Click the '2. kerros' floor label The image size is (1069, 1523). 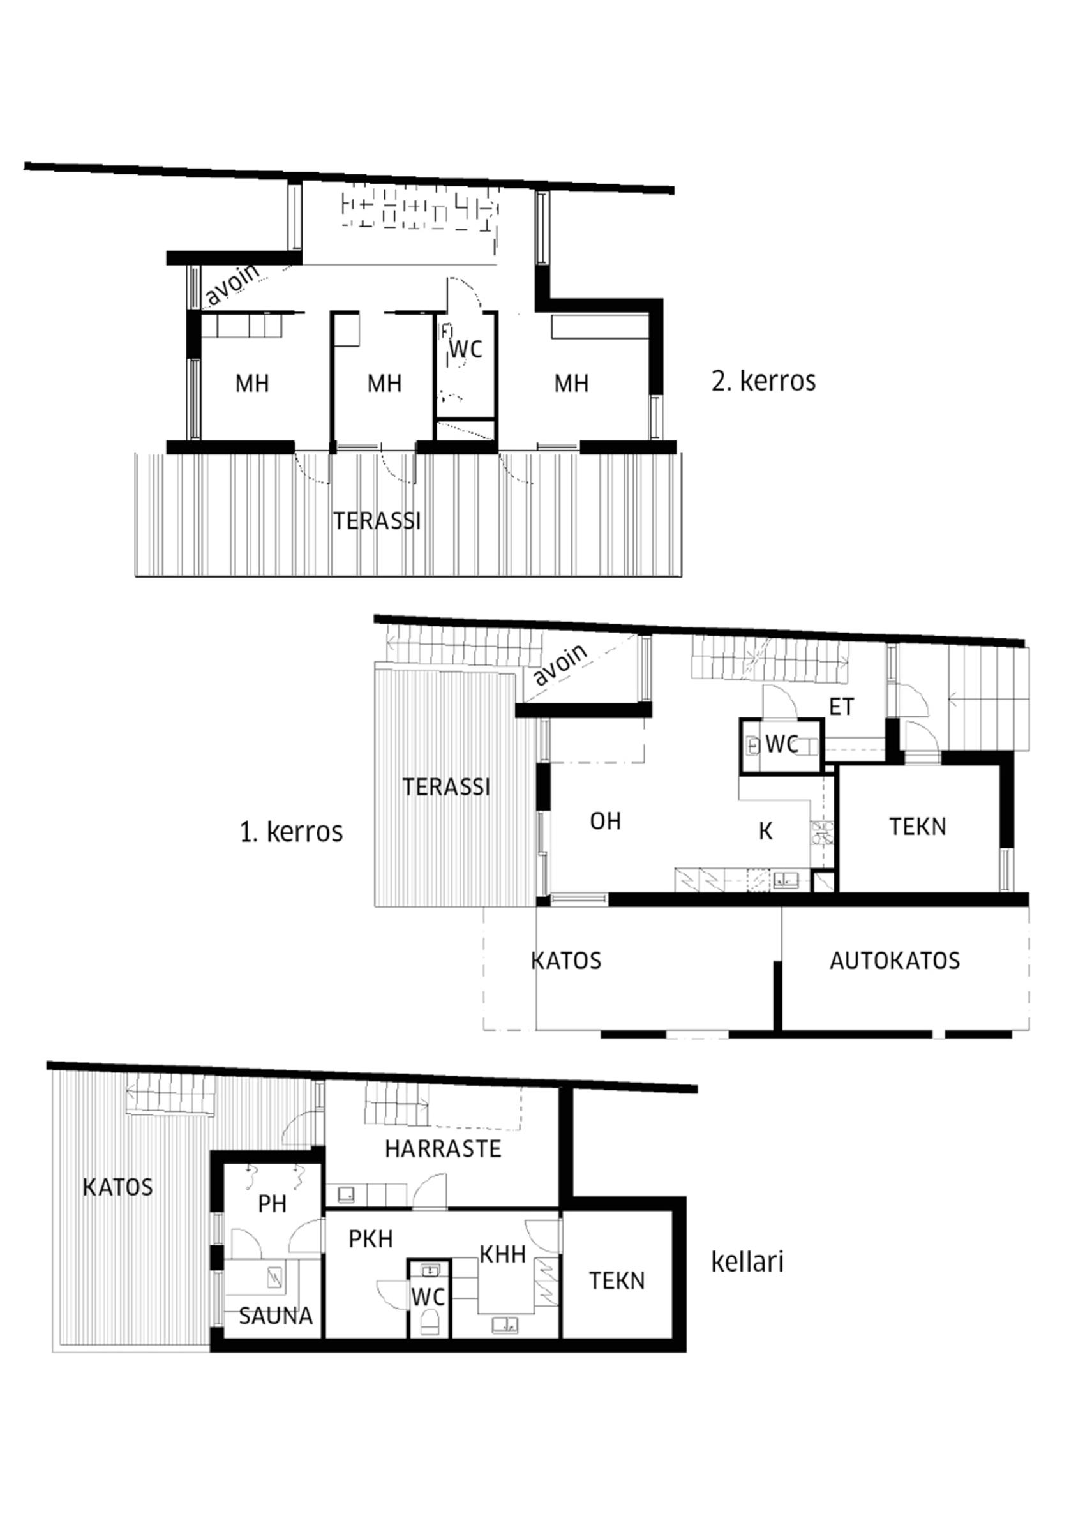pos(763,382)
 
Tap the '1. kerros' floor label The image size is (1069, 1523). pos(291,832)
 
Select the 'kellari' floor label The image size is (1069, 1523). pos(747,1262)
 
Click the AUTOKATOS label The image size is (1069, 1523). pos(895,961)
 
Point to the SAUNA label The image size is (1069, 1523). pos(275,1316)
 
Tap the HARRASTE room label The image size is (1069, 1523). pos(443,1149)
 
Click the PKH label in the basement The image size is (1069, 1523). pos(371,1238)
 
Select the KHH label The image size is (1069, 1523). pos(503,1254)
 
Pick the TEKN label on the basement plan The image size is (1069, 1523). pos(617,1281)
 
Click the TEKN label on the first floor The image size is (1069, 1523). pos(918,827)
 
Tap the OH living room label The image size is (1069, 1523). pos(606,822)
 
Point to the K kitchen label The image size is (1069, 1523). pos(766,832)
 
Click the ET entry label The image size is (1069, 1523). pos(842,707)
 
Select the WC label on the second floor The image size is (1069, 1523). pos(465,349)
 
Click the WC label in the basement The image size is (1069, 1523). pos(428,1297)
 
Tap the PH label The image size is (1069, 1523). pos(272,1204)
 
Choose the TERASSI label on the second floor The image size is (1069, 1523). pos(377,521)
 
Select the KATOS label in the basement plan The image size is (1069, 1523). pos(117,1187)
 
